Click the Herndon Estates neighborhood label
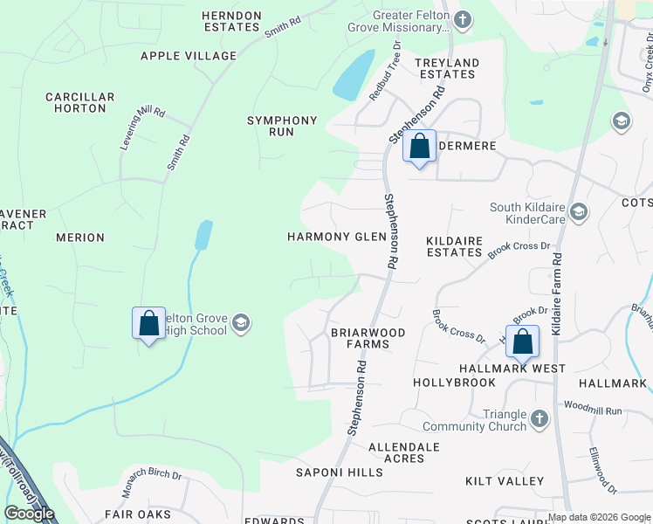point(231,21)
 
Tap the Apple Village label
point(189,56)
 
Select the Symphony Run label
point(282,126)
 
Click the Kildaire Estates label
point(454,246)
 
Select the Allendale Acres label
point(403,452)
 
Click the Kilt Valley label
point(505,481)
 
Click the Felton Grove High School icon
point(242,324)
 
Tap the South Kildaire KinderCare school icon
point(579,211)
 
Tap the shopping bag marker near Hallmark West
point(523,341)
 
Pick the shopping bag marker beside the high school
point(148,324)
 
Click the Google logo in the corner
point(30,514)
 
